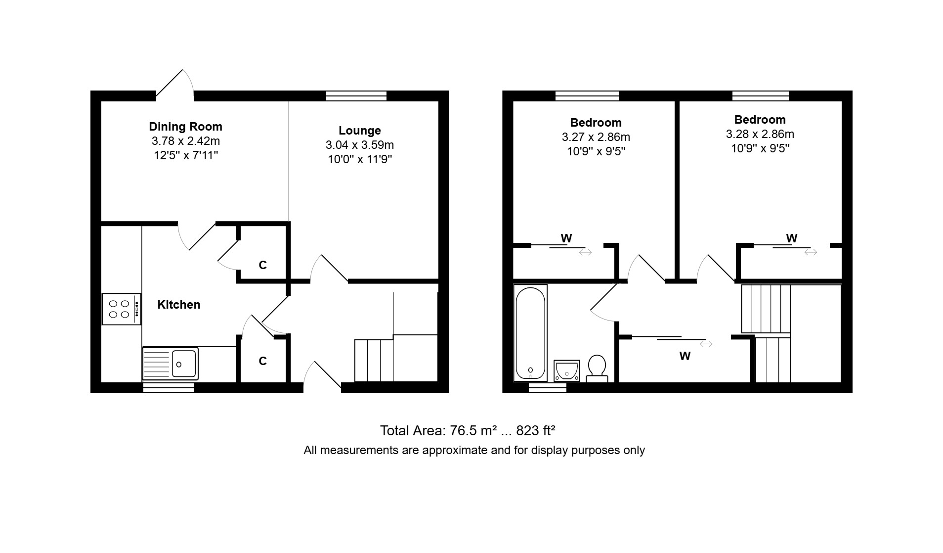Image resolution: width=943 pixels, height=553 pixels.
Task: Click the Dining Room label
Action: point(185,127)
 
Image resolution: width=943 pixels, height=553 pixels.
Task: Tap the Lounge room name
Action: point(359,131)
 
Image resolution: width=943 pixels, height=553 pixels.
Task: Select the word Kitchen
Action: point(178,305)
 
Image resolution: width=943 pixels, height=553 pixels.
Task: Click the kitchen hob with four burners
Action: point(122,309)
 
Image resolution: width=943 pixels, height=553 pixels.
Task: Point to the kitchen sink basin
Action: point(184,364)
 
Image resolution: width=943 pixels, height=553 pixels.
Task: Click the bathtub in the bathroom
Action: point(530,334)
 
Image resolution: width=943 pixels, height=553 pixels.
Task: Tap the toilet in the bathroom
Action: point(597,369)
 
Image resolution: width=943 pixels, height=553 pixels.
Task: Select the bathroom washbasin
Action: point(566,370)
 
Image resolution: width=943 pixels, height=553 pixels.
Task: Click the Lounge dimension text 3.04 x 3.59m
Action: point(359,145)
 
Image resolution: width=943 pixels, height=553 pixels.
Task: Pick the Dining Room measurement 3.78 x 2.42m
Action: point(185,141)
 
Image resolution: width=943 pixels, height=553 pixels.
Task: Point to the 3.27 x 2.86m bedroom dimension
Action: point(596,137)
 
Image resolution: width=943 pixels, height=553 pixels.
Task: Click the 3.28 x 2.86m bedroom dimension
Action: point(760,134)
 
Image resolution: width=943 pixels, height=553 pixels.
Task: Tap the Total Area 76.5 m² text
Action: point(438,431)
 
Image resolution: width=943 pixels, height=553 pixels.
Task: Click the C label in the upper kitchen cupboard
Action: point(263,265)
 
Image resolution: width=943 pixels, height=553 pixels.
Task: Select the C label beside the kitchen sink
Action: point(263,361)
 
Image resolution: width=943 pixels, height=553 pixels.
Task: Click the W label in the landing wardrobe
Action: point(685,356)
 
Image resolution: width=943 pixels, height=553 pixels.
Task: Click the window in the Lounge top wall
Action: point(356,96)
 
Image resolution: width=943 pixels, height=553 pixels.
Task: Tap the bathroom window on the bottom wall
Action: point(548,388)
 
